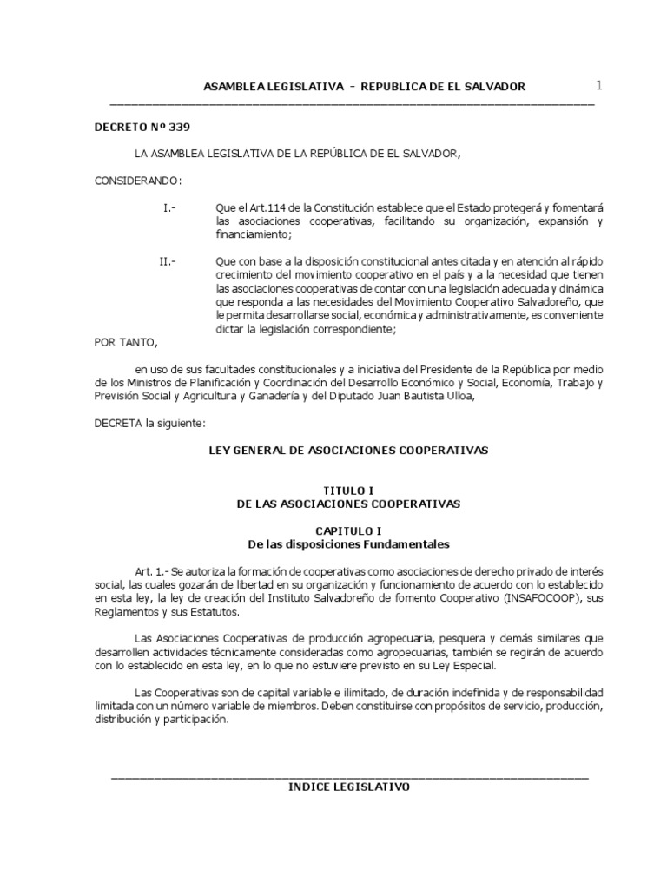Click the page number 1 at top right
click(598, 85)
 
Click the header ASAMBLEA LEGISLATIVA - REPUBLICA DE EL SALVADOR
click(364, 87)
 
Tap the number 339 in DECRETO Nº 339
click(178, 127)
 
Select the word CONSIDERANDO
click(137, 180)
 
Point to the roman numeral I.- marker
click(169, 208)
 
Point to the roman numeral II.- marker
click(168, 261)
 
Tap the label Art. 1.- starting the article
click(152, 572)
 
